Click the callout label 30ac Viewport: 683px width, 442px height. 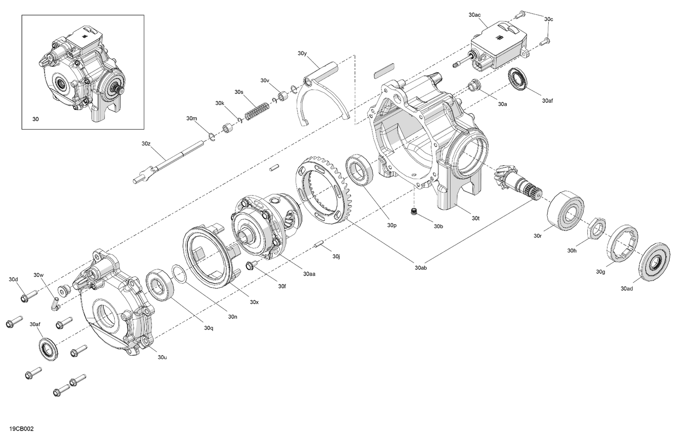474,15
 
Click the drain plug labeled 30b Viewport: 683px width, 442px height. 414,212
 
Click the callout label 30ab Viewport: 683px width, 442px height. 421,268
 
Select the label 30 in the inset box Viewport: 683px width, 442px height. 36,119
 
